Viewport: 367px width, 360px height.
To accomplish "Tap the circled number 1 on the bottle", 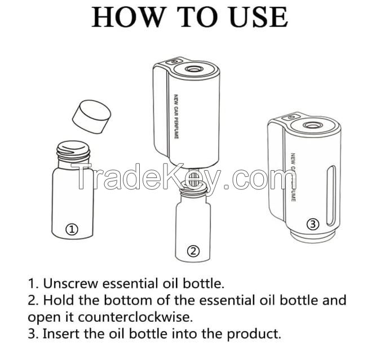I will click(x=72, y=229).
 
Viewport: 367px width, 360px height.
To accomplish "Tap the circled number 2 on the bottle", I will click(x=193, y=251).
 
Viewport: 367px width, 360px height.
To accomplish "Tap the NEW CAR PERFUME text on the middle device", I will click(x=176, y=117).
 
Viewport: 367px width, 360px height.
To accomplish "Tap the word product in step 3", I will click(x=253, y=333).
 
